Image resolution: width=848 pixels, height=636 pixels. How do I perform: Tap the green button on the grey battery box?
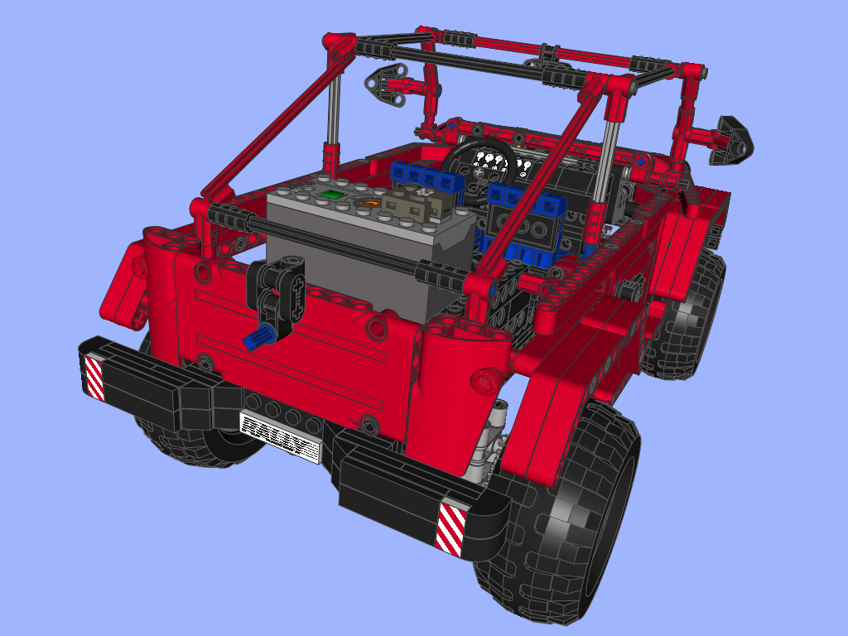(x=330, y=194)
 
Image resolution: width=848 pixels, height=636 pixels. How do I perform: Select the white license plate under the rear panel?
(x=280, y=436)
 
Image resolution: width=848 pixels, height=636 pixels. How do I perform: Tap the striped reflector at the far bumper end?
(x=94, y=378)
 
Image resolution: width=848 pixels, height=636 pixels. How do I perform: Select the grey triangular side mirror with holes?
(x=386, y=84)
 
